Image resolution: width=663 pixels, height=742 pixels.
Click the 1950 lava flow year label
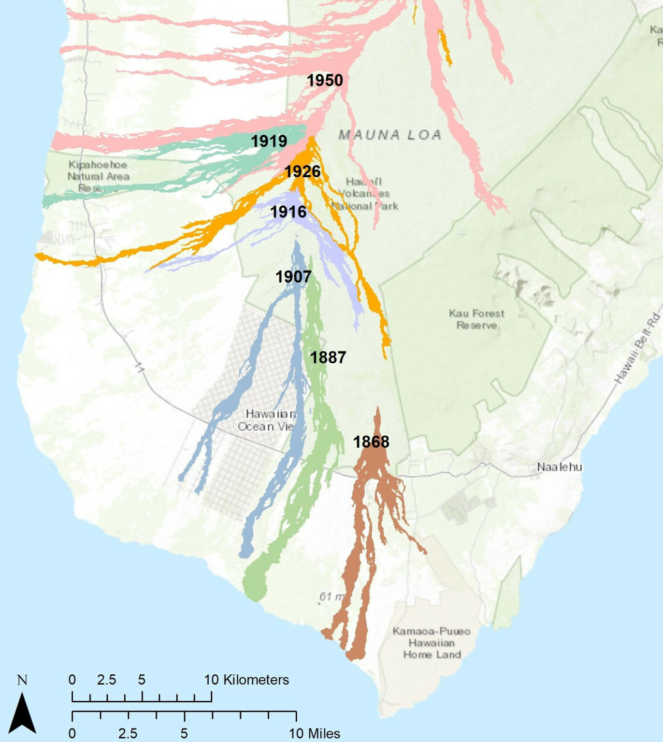click(x=325, y=80)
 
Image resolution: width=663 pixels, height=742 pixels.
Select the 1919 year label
click(x=269, y=141)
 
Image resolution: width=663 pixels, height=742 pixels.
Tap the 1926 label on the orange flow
click(x=302, y=171)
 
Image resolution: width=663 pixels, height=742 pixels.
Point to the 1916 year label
click(x=288, y=212)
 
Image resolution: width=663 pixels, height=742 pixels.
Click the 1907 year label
click(x=293, y=277)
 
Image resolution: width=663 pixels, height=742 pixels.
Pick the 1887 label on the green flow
click(x=328, y=357)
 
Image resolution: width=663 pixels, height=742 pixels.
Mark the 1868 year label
click(x=371, y=442)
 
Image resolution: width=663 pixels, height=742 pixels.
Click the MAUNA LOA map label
click(x=390, y=135)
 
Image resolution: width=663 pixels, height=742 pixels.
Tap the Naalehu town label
click(x=559, y=467)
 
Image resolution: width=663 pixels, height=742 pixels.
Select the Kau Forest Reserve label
click(x=476, y=319)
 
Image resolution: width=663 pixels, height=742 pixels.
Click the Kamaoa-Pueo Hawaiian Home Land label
click(x=432, y=643)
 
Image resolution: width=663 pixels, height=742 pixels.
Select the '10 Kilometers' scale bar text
click(x=246, y=680)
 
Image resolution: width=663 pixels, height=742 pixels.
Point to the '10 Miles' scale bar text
click(x=314, y=733)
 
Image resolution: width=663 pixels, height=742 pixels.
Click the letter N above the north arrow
click(x=22, y=680)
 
